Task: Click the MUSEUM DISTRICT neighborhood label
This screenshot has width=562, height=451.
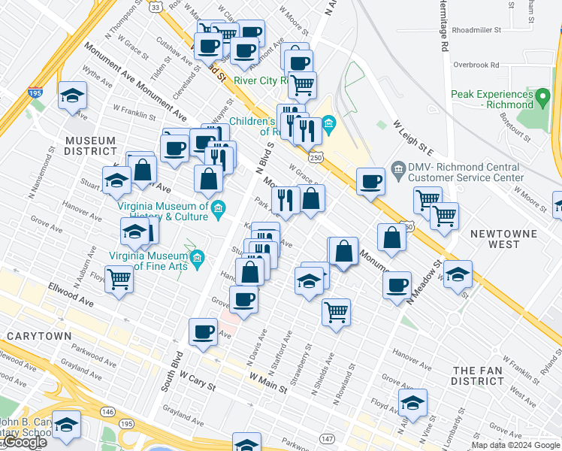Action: pyautogui.click(x=90, y=146)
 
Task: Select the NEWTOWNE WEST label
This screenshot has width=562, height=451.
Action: pyautogui.click(x=504, y=239)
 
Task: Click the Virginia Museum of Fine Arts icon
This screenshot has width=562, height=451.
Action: pyautogui.click(x=198, y=259)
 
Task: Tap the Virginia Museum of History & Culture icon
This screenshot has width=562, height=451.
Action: pyautogui.click(x=218, y=208)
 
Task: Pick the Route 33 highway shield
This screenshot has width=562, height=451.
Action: pyautogui.click(x=155, y=7)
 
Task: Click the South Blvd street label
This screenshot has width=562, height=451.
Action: pyautogui.click(x=172, y=368)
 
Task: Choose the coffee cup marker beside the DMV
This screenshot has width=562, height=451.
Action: pyautogui.click(x=370, y=181)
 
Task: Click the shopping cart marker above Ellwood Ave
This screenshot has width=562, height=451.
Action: pyautogui.click(x=119, y=279)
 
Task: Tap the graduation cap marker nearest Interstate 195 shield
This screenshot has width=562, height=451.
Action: pyautogui.click(x=72, y=95)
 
